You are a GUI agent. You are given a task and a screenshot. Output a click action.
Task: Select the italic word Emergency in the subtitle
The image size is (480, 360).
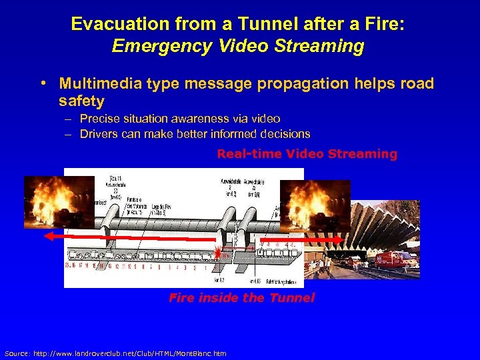160,46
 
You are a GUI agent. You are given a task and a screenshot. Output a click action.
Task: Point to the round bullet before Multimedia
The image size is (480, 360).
42,83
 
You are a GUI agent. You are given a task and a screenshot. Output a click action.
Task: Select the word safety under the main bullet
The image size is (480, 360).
81,101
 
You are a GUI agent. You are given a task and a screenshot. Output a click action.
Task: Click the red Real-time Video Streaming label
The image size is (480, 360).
307,154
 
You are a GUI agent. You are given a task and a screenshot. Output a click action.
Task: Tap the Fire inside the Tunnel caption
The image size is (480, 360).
241,298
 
